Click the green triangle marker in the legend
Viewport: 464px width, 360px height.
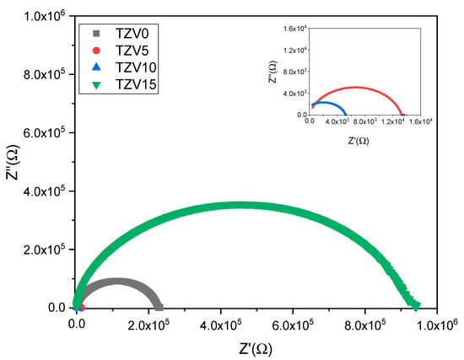click(99, 83)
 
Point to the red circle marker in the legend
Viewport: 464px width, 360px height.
click(99, 50)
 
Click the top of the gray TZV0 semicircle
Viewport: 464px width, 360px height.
click(118, 281)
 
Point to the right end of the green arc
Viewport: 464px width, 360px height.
click(416, 304)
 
